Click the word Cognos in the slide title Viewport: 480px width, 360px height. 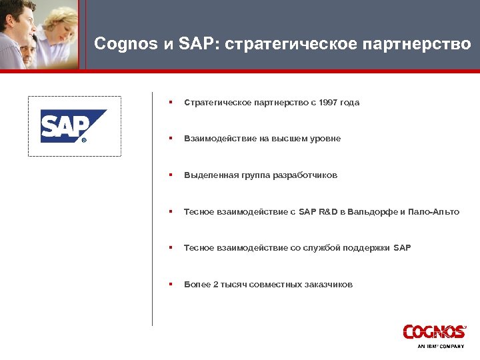click(x=124, y=45)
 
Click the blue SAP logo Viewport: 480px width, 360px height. click(x=73, y=126)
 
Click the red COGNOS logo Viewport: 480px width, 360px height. click(x=434, y=331)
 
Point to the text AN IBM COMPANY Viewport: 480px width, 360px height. click(x=440, y=346)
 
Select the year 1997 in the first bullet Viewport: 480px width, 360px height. click(x=329, y=103)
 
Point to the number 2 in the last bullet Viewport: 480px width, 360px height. click(x=215, y=285)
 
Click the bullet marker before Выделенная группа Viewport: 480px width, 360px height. click(x=171, y=175)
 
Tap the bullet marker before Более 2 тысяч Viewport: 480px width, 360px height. click(x=171, y=285)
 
